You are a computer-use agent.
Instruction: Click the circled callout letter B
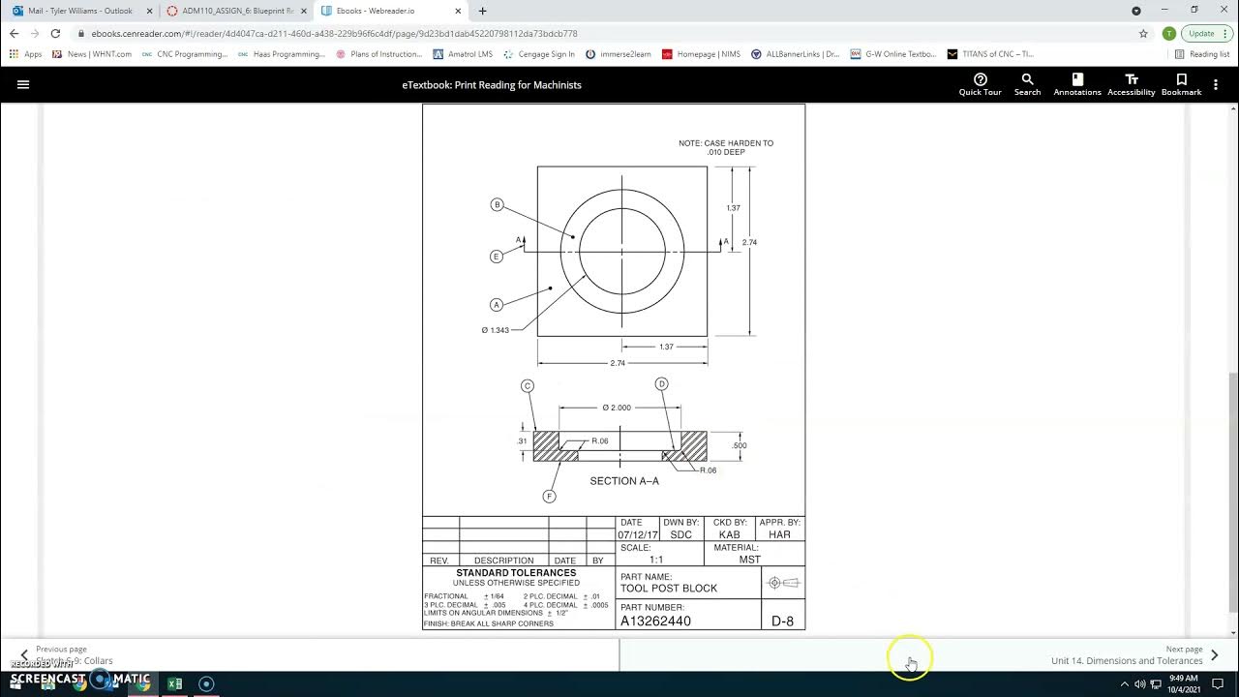point(497,204)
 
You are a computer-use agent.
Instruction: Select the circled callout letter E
point(496,257)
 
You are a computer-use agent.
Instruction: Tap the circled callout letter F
point(549,497)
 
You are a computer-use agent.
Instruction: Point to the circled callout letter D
point(662,384)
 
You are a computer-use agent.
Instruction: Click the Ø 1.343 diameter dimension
point(496,330)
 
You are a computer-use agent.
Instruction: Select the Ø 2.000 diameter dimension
point(617,408)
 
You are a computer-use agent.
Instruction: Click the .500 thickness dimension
point(739,445)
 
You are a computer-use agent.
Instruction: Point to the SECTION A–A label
point(624,481)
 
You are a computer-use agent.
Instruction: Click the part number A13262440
point(655,621)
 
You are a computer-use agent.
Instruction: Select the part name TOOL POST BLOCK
point(668,589)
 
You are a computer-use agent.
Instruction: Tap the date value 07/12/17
point(638,534)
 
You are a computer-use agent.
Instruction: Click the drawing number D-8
point(782,621)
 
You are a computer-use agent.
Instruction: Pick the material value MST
point(749,560)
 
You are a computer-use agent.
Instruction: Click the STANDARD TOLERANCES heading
point(516,573)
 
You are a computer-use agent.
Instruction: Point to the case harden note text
point(726,147)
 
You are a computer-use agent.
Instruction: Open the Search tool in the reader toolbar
point(1027,84)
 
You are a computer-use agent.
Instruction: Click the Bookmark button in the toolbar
point(1181,84)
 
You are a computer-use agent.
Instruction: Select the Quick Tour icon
point(980,84)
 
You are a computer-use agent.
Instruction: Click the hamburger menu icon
point(23,84)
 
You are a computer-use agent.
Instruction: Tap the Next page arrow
point(1214,655)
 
